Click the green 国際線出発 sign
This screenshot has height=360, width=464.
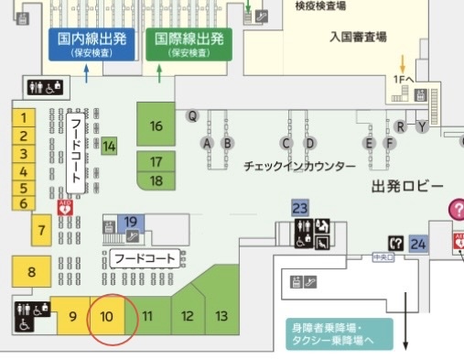[x=189, y=44]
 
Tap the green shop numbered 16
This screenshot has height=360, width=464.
[x=156, y=125]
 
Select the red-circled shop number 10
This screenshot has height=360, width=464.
[x=106, y=317]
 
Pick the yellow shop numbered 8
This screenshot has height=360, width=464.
[x=31, y=271]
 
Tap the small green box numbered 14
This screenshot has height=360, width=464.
[x=109, y=146]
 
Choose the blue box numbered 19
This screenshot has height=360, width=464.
[x=131, y=221]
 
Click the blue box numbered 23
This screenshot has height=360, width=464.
[x=300, y=208]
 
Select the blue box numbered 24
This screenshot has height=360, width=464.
[x=418, y=244]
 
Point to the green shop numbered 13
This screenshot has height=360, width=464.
[x=221, y=316]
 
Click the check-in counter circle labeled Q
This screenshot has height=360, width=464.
[x=192, y=115]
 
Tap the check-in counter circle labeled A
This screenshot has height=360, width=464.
[x=208, y=143]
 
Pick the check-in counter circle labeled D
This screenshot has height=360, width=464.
[x=309, y=143]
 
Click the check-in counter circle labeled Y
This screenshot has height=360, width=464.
[x=421, y=125]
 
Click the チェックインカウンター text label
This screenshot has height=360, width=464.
[x=299, y=167]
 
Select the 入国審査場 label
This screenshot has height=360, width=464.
[x=358, y=38]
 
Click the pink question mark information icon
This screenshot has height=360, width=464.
[x=456, y=209]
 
